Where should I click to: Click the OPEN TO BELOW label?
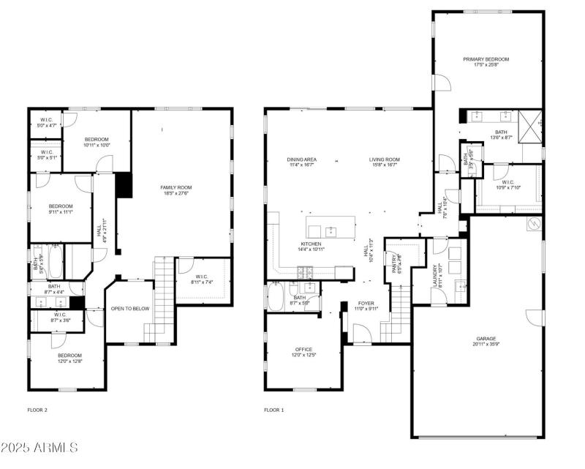click(130, 309)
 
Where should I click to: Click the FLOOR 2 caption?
click(37, 410)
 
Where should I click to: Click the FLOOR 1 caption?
click(274, 410)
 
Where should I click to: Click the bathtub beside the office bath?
click(276, 297)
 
